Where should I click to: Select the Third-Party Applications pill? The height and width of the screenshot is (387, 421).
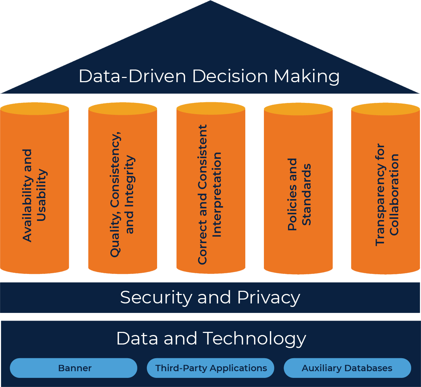click(210, 368)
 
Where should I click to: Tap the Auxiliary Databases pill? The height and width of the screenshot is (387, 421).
click(347, 368)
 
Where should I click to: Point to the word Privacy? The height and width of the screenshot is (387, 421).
click(268, 297)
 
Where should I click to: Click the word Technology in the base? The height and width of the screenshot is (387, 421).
click(254, 339)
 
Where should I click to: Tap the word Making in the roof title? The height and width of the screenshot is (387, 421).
click(307, 76)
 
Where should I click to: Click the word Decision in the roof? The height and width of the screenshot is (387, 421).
click(230, 76)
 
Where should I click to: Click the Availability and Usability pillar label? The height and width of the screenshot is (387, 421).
click(34, 195)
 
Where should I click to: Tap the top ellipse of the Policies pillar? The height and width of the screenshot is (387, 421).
click(298, 109)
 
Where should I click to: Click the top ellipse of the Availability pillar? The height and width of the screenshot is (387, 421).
click(34, 109)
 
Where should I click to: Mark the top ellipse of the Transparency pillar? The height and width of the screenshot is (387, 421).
click(386, 109)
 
